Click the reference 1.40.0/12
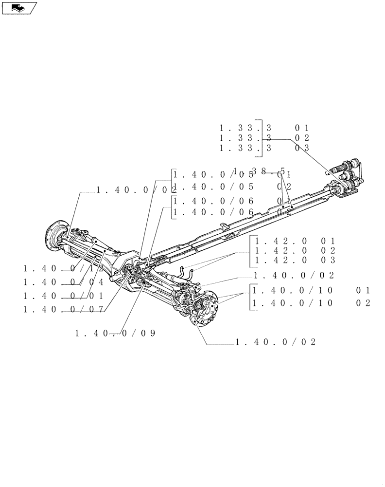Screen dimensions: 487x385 (63, 268)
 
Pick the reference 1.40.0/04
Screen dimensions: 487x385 (63, 282)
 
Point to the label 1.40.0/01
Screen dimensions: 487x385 (63, 296)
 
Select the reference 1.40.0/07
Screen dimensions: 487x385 (63, 309)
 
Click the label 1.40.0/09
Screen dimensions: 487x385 (115, 333)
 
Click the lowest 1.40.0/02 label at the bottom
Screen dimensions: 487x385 (275, 342)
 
